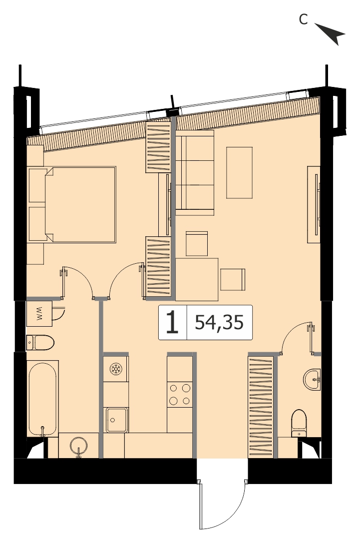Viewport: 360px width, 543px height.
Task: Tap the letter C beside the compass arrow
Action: click(303, 19)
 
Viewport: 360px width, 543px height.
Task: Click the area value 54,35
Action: click(220, 322)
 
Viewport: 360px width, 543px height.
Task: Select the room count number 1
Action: click(172, 322)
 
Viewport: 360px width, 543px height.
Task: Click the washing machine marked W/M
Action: click(39, 313)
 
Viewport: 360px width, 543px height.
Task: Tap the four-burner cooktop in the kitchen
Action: click(180, 394)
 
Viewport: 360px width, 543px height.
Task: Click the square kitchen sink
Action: click(117, 420)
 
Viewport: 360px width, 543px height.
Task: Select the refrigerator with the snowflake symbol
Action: click(116, 369)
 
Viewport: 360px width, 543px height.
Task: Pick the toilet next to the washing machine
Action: click(40, 343)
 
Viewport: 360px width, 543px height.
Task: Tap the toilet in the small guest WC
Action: click(299, 423)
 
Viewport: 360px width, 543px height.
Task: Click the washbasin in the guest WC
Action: click(312, 379)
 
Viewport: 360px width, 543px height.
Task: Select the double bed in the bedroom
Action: click(72, 205)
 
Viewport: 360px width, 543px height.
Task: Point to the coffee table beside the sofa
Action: click(239, 172)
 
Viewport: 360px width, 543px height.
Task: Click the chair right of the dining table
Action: click(233, 279)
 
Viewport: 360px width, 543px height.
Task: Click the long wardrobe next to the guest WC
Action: click(261, 406)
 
